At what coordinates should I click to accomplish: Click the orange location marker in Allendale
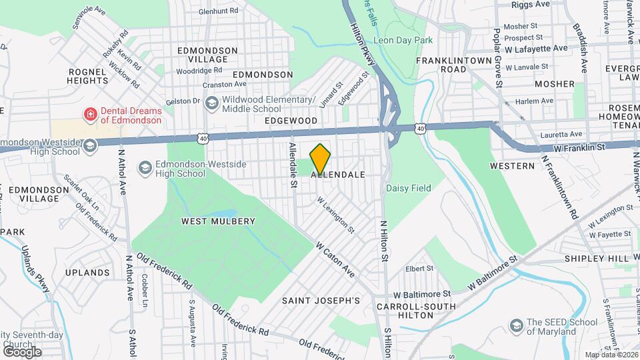(321, 158)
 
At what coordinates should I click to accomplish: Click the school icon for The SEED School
(515, 326)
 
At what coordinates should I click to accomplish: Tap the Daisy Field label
(408, 189)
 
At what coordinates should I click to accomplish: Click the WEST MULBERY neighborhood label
(219, 221)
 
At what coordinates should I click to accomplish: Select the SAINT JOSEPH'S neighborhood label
(321, 301)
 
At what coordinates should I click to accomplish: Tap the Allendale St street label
(292, 164)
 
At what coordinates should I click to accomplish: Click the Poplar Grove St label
(497, 58)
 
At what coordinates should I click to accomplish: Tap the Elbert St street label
(420, 269)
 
